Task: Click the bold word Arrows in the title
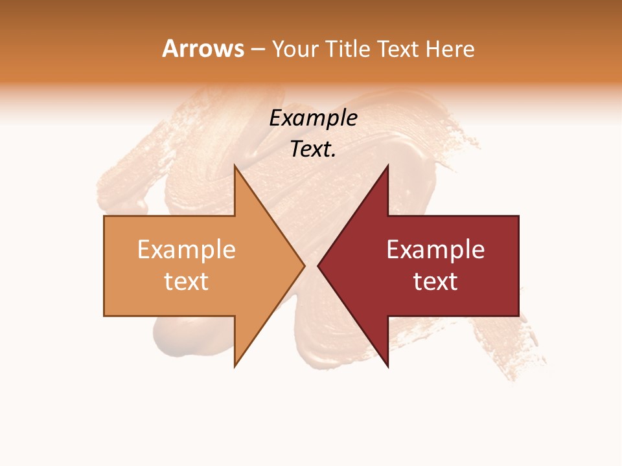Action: (x=203, y=49)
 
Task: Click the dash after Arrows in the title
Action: (x=258, y=50)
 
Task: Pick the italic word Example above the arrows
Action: (x=313, y=118)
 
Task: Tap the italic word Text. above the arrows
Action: (x=313, y=150)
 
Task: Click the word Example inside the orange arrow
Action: (x=187, y=250)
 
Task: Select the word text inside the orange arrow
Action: (x=187, y=281)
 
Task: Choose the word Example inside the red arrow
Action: (x=435, y=250)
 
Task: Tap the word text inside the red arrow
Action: (x=435, y=281)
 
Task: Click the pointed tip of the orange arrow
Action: (x=305, y=265)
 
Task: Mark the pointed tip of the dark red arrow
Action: (x=318, y=265)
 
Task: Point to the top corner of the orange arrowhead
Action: (x=235, y=165)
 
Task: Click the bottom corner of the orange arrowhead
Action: (x=235, y=367)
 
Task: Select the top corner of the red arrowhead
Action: (x=387, y=165)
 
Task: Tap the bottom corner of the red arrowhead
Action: (x=387, y=367)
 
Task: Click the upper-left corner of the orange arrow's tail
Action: (x=104, y=216)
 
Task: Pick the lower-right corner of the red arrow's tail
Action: (x=518, y=316)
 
